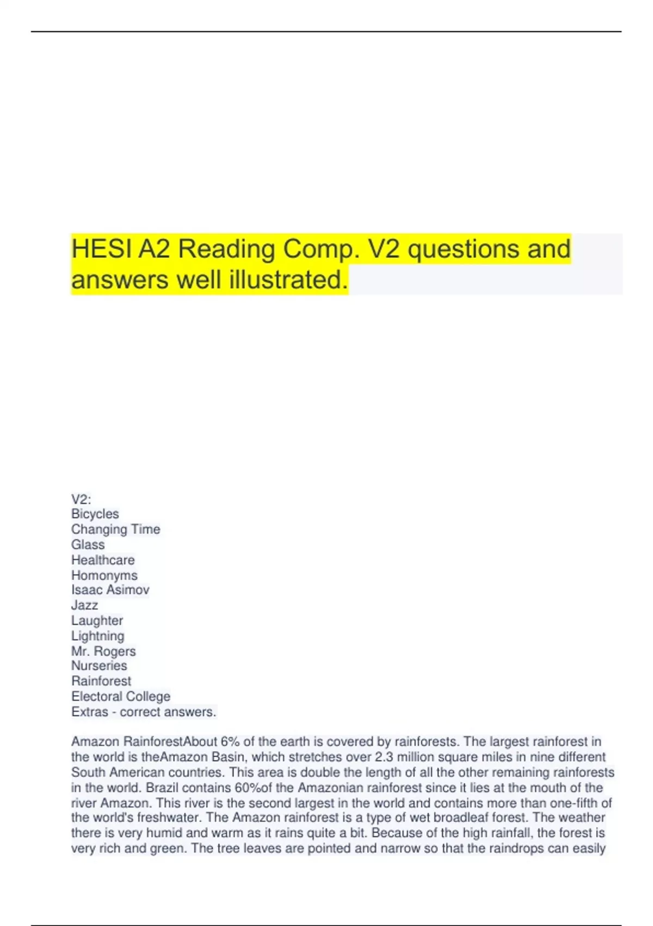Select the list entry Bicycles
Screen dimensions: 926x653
point(95,514)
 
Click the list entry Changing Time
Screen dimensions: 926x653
point(115,529)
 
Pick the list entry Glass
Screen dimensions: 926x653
point(88,544)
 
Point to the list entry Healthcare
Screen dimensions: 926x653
point(103,559)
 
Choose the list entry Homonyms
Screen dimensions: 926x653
point(104,575)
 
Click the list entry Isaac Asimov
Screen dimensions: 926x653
point(110,589)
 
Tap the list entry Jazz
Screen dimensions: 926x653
point(84,605)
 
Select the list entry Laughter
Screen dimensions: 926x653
point(97,620)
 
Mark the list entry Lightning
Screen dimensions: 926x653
point(97,636)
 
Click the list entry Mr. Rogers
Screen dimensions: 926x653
point(103,651)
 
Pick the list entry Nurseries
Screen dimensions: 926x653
point(99,666)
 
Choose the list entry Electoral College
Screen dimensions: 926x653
point(120,696)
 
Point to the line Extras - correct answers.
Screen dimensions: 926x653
point(144,711)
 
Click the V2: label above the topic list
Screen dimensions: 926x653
point(81,499)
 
